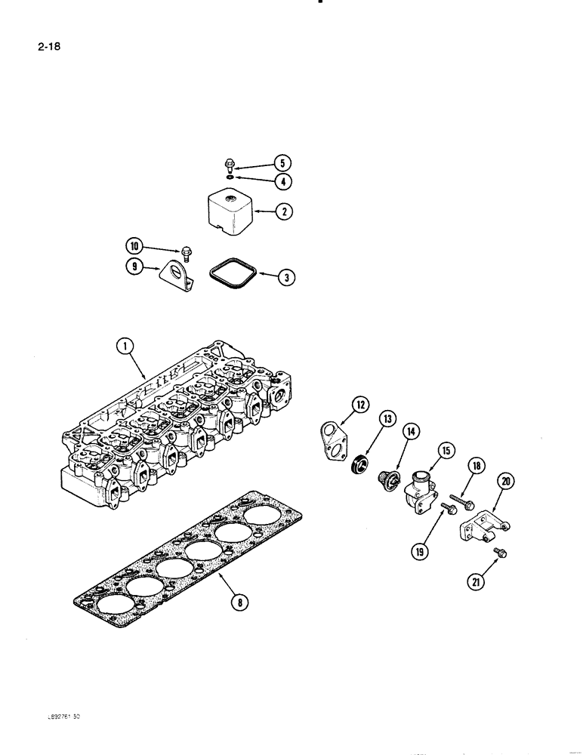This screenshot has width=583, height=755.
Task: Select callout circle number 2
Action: [283, 212]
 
